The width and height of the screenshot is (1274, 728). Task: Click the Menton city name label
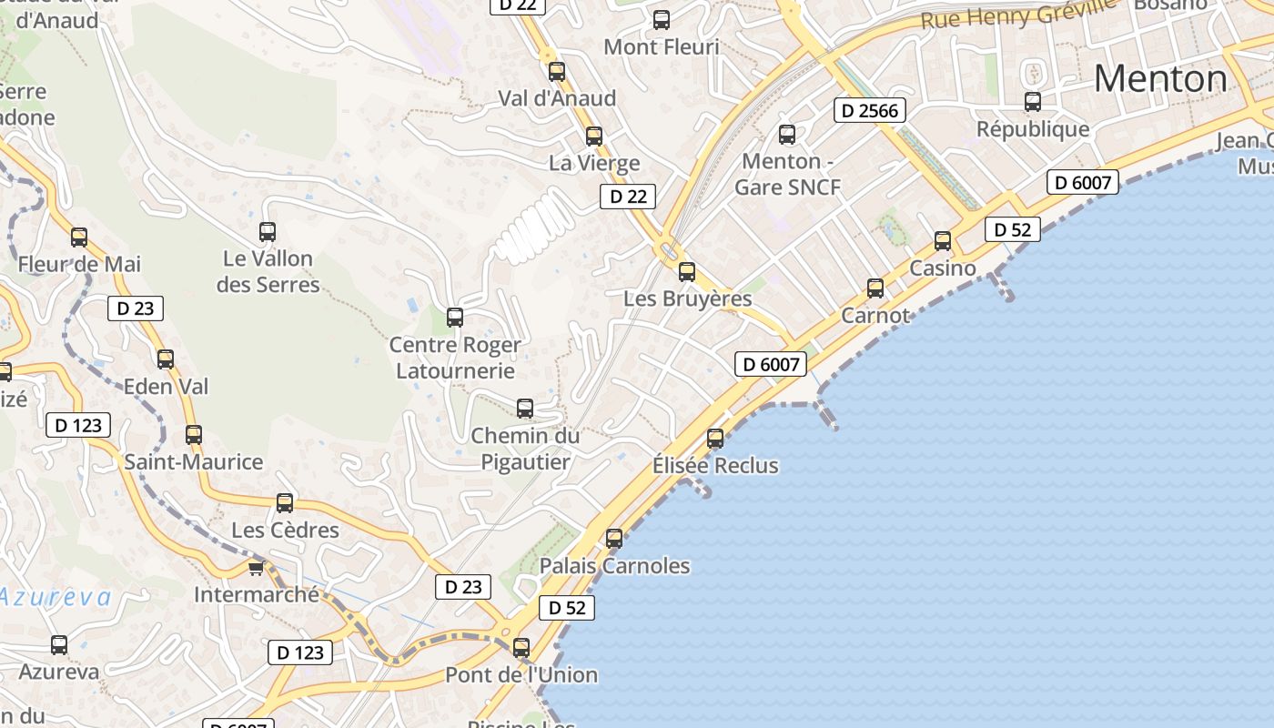1160,79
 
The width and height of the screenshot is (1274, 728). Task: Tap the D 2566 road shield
869,111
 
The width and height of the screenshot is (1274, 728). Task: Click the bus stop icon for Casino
943,241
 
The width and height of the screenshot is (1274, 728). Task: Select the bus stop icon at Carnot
875,288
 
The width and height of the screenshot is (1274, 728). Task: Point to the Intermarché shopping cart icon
257,569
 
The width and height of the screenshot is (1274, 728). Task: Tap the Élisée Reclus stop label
715,466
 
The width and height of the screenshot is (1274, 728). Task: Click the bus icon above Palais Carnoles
614,539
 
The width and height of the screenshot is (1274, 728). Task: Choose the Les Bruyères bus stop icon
687,271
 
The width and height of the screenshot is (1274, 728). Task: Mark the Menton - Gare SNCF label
787,174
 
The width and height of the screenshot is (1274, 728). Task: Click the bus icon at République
1033,102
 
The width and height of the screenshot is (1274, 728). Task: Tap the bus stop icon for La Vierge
594,136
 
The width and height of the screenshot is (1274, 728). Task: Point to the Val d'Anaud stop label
557,98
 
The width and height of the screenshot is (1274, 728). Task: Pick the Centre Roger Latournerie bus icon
455,318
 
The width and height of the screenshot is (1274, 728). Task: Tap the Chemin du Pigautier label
525,449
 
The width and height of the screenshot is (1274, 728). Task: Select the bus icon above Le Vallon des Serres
268,232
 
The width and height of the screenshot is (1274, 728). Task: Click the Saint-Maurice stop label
193,462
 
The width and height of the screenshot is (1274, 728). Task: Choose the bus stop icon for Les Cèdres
285,503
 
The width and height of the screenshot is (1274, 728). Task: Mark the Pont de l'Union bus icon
521,648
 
